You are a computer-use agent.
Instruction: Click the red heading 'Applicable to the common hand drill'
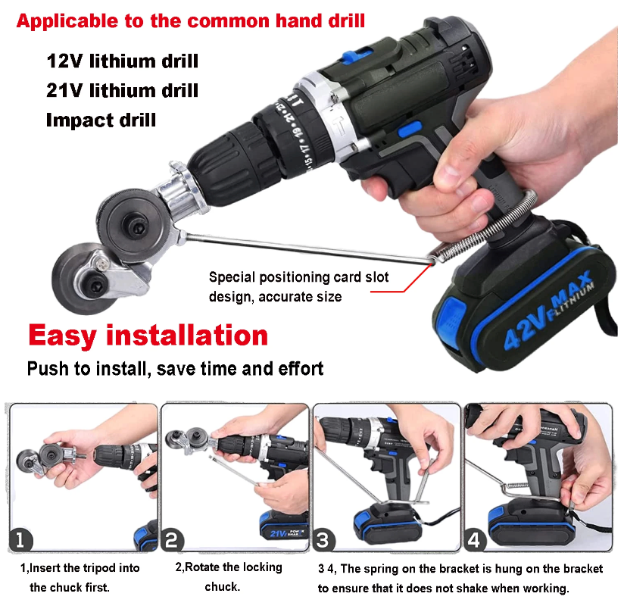coord(190,20)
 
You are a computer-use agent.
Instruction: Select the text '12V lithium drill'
coord(122,61)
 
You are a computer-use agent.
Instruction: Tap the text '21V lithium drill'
coord(122,90)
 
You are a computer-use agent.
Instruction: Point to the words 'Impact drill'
coord(101,120)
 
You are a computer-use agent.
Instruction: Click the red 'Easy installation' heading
coord(148,335)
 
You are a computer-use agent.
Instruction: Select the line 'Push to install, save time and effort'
coord(175,369)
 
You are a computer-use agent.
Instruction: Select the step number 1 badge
coord(23,539)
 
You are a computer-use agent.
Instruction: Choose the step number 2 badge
coord(173,539)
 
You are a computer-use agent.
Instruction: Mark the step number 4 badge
coord(474,539)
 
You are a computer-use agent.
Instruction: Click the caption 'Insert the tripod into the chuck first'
coord(80,577)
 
